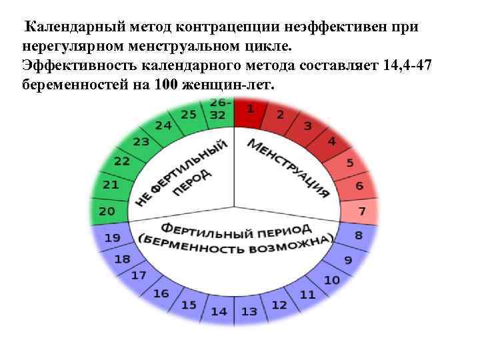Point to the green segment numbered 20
coord(107,211)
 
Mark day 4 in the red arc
coord(331,142)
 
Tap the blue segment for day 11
coord(307,293)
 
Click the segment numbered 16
coord(161,293)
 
